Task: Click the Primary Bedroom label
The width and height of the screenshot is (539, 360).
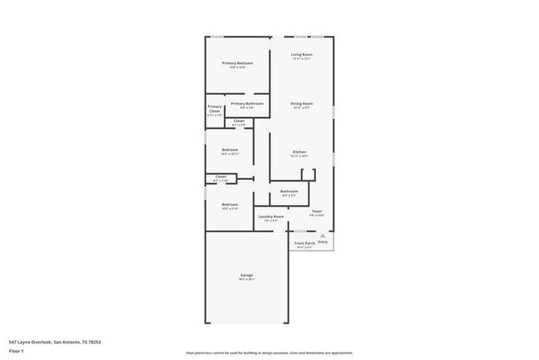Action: [x=237, y=63]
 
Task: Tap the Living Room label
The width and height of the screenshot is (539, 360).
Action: [x=301, y=55]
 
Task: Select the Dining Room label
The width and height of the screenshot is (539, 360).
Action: [x=301, y=104]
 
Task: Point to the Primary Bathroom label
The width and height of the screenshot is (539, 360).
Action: [x=246, y=104]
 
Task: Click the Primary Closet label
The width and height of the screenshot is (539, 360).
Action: [x=215, y=109]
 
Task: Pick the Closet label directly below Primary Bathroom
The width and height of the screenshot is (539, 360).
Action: [x=238, y=121]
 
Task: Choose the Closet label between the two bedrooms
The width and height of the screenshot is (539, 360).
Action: [x=221, y=176]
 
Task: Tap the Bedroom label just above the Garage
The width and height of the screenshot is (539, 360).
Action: [x=230, y=204]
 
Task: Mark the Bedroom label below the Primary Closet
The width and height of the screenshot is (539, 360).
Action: [x=230, y=150]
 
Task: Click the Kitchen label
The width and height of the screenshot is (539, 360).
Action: [x=299, y=152]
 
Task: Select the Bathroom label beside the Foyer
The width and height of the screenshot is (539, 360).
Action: [x=289, y=191]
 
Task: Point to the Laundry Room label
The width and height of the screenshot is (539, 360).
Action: [x=270, y=216]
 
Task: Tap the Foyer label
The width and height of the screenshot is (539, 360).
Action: [x=317, y=211]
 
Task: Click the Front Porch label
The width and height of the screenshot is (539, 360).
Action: [x=303, y=243]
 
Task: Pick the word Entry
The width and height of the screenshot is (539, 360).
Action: [x=323, y=241]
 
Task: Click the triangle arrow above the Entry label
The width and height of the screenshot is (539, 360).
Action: [x=323, y=236]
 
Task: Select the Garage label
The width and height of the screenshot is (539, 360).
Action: [x=246, y=275]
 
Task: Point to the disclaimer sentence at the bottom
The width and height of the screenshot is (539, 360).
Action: [x=269, y=352]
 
